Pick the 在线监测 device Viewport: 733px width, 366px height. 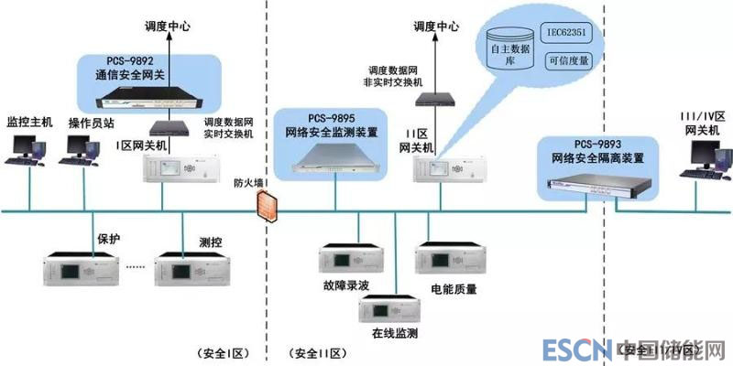386,307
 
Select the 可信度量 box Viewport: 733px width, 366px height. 568,62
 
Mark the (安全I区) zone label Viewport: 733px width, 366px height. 224,353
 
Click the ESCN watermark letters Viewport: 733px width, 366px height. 576,350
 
